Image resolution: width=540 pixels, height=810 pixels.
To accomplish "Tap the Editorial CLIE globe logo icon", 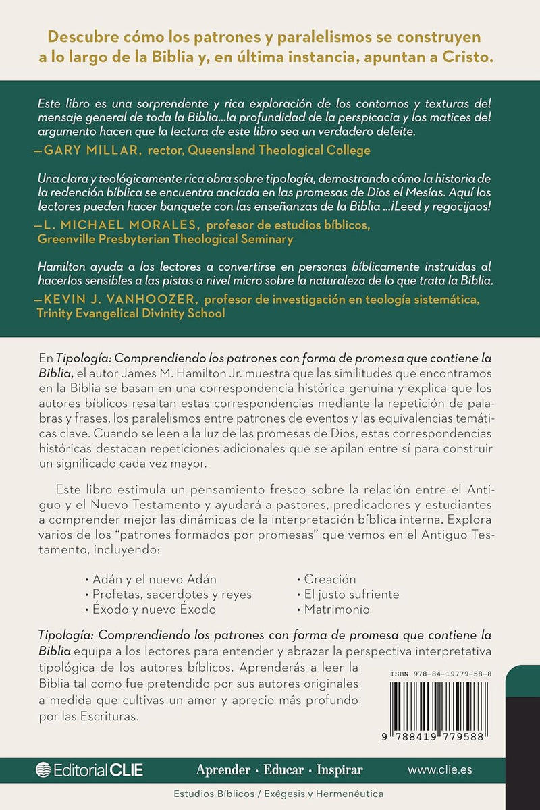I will (x=43, y=769).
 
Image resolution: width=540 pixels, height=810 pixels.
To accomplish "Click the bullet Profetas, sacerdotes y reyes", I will (x=168, y=594).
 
